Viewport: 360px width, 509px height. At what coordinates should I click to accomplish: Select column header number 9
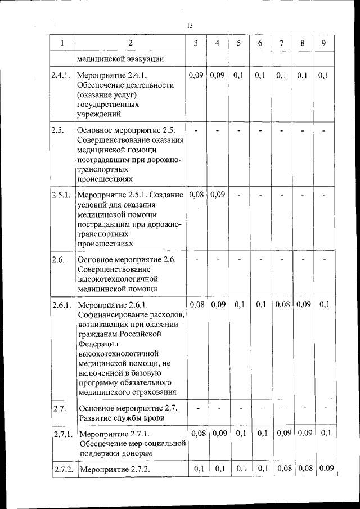pyautogui.click(x=323, y=43)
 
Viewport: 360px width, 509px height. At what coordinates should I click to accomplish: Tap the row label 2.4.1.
pyautogui.click(x=60, y=75)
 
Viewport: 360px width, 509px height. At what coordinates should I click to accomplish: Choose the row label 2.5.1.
pyautogui.click(x=60, y=195)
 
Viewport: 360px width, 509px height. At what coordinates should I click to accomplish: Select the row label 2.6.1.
pyautogui.click(x=60, y=305)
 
